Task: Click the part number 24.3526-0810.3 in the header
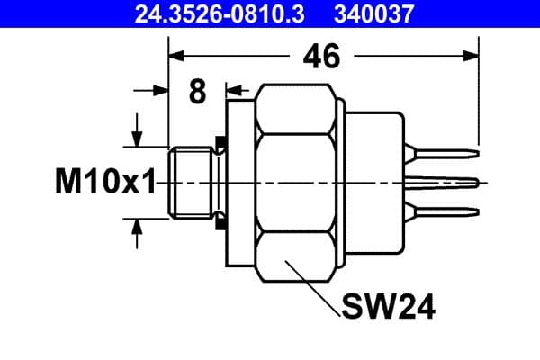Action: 210,13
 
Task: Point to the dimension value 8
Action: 196,91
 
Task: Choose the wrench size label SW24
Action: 389,308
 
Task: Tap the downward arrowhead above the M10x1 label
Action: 137,139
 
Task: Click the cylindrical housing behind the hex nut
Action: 373,183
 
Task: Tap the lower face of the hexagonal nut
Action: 297,256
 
